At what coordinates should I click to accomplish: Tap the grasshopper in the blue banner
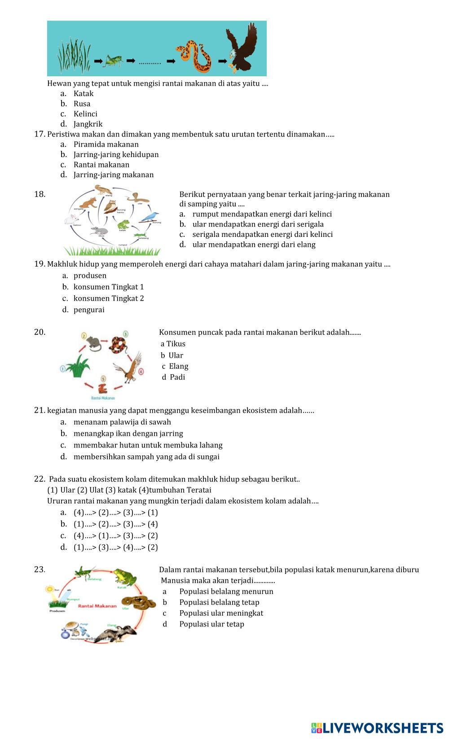[x=114, y=61]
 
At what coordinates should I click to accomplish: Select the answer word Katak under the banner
[x=84, y=94]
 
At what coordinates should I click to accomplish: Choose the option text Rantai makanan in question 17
[x=101, y=165]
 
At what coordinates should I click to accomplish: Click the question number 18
[x=40, y=194]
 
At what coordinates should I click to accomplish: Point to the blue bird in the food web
[x=150, y=217]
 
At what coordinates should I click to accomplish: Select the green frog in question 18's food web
[x=123, y=224]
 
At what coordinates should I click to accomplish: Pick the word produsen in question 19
[x=90, y=275]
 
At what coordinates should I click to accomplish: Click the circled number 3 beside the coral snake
[x=126, y=334]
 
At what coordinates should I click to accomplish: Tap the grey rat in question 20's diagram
[x=94, y=343]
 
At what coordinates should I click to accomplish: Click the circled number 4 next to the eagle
[x=141, y=371]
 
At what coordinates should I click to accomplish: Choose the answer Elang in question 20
[x=179, y=366]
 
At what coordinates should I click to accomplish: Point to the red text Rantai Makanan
[x=97, y=606]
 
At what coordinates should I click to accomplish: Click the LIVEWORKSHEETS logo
[x=377, y=728]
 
